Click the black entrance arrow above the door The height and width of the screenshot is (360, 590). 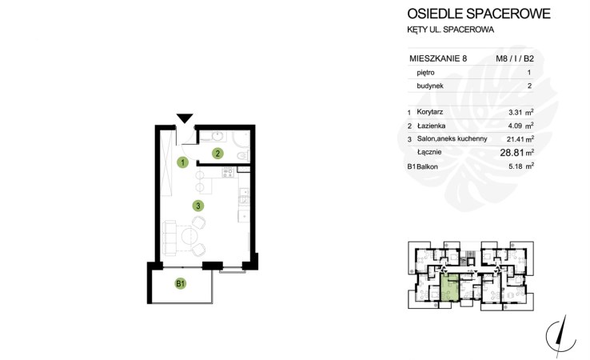click(x=185, y=118)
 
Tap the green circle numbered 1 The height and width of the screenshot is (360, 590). click(x=183, y=162)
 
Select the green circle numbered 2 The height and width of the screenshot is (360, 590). click(x=217, y=154)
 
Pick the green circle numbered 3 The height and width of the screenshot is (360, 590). click(x=198, y=206)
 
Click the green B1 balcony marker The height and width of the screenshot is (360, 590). click(x=181, y=283)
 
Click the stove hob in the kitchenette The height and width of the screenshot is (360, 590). click(x=228, y=173)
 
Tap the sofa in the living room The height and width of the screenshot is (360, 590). click(x=169, y=238)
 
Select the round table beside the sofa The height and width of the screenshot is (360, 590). click(x=189, y=237)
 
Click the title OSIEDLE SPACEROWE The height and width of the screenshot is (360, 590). click(x=479, y=14)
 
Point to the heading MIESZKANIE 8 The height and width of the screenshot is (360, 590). click(x=438, y=58)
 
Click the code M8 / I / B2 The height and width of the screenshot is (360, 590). click(x=514, y=58)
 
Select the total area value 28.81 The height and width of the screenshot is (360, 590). click(x=512, y=153)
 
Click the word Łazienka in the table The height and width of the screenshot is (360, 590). click(x=431, y=126)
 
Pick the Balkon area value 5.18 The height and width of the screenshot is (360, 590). click(x=516, y=166)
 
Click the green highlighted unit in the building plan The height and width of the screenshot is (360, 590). click(x=449, y=288)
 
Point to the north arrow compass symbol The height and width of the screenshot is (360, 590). click(x=561, y=336)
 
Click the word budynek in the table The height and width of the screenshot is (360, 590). click(x=430, y=86)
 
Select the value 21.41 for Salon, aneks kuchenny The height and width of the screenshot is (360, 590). click(x=516, y=139)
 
